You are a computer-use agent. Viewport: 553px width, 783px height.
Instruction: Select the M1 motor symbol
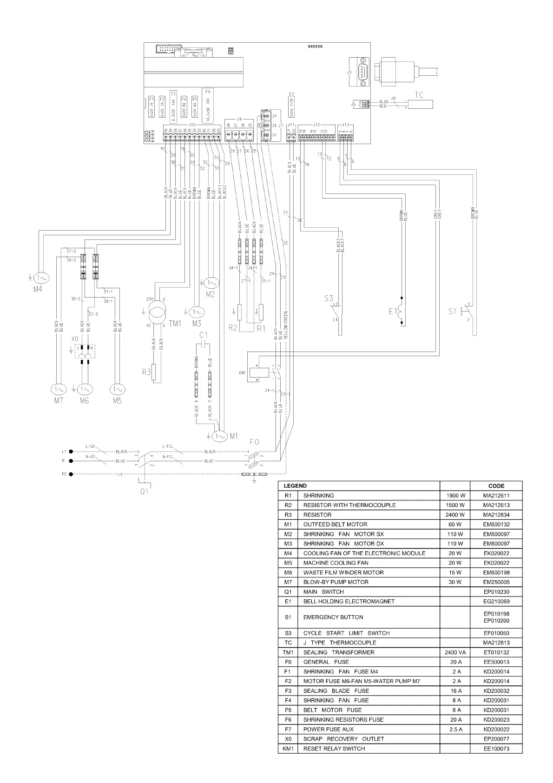click(220, 436)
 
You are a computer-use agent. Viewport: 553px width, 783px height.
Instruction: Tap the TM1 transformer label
click(175, 324)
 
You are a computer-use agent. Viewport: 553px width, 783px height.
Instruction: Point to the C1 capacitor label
click(203, 335)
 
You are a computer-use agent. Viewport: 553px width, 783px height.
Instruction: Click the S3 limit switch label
click(329, 298)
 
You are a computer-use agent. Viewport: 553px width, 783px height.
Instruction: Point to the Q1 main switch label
click(145, 491)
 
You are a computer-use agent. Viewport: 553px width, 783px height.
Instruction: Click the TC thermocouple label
click(419, 95)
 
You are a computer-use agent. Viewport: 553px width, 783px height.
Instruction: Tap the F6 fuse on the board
click(208, 106)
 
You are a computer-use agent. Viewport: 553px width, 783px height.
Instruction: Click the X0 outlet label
click(75, 339)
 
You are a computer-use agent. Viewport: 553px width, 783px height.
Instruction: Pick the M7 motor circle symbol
click(58, 389)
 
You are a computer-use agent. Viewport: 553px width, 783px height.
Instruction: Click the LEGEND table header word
click(295, 485)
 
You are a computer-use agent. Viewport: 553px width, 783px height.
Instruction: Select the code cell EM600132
click(496, 524)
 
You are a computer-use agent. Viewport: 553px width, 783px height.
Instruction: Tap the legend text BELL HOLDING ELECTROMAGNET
click(349, 601)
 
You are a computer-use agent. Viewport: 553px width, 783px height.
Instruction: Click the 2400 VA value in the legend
click(455, 652)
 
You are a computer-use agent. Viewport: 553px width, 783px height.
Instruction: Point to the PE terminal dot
click(71, 474)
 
